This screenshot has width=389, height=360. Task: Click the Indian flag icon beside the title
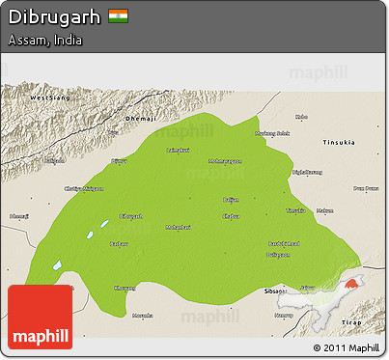point(118,16)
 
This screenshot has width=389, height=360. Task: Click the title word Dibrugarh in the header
point(54,17)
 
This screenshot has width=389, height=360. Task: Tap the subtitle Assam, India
point(45,42)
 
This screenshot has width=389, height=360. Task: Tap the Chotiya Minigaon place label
point(83,188)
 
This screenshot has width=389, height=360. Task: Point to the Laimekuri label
point(178,150)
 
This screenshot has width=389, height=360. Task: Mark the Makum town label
point(324,209)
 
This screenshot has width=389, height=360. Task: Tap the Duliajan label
point(278,254)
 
